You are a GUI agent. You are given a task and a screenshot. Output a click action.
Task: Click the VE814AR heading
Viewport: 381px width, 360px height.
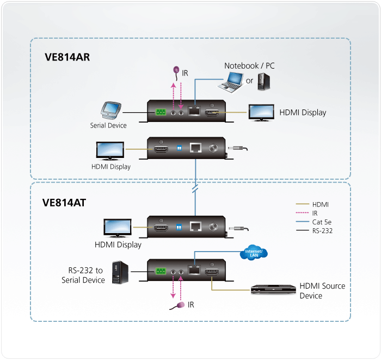click(67, 56)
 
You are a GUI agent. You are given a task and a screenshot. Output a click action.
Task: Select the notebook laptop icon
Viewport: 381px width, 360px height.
click(231, 82)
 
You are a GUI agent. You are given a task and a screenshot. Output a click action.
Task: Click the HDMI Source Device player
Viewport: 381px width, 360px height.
click(273, 290)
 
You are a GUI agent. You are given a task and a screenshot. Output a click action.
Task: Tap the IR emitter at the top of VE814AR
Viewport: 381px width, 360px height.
click(176, 70)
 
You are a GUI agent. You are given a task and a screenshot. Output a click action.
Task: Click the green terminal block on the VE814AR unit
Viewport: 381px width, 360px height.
click(161, 113)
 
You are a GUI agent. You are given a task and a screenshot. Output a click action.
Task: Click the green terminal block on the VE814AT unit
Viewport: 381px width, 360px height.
click(161, 271)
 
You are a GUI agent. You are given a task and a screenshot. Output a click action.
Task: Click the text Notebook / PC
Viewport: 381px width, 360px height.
click(249, 66)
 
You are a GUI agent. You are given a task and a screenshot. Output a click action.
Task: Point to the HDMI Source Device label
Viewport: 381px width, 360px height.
click(322, 291)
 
